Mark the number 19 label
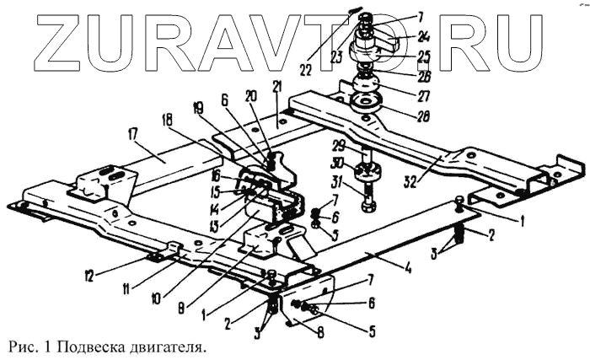click(196, 108)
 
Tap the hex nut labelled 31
click(368, 205)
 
